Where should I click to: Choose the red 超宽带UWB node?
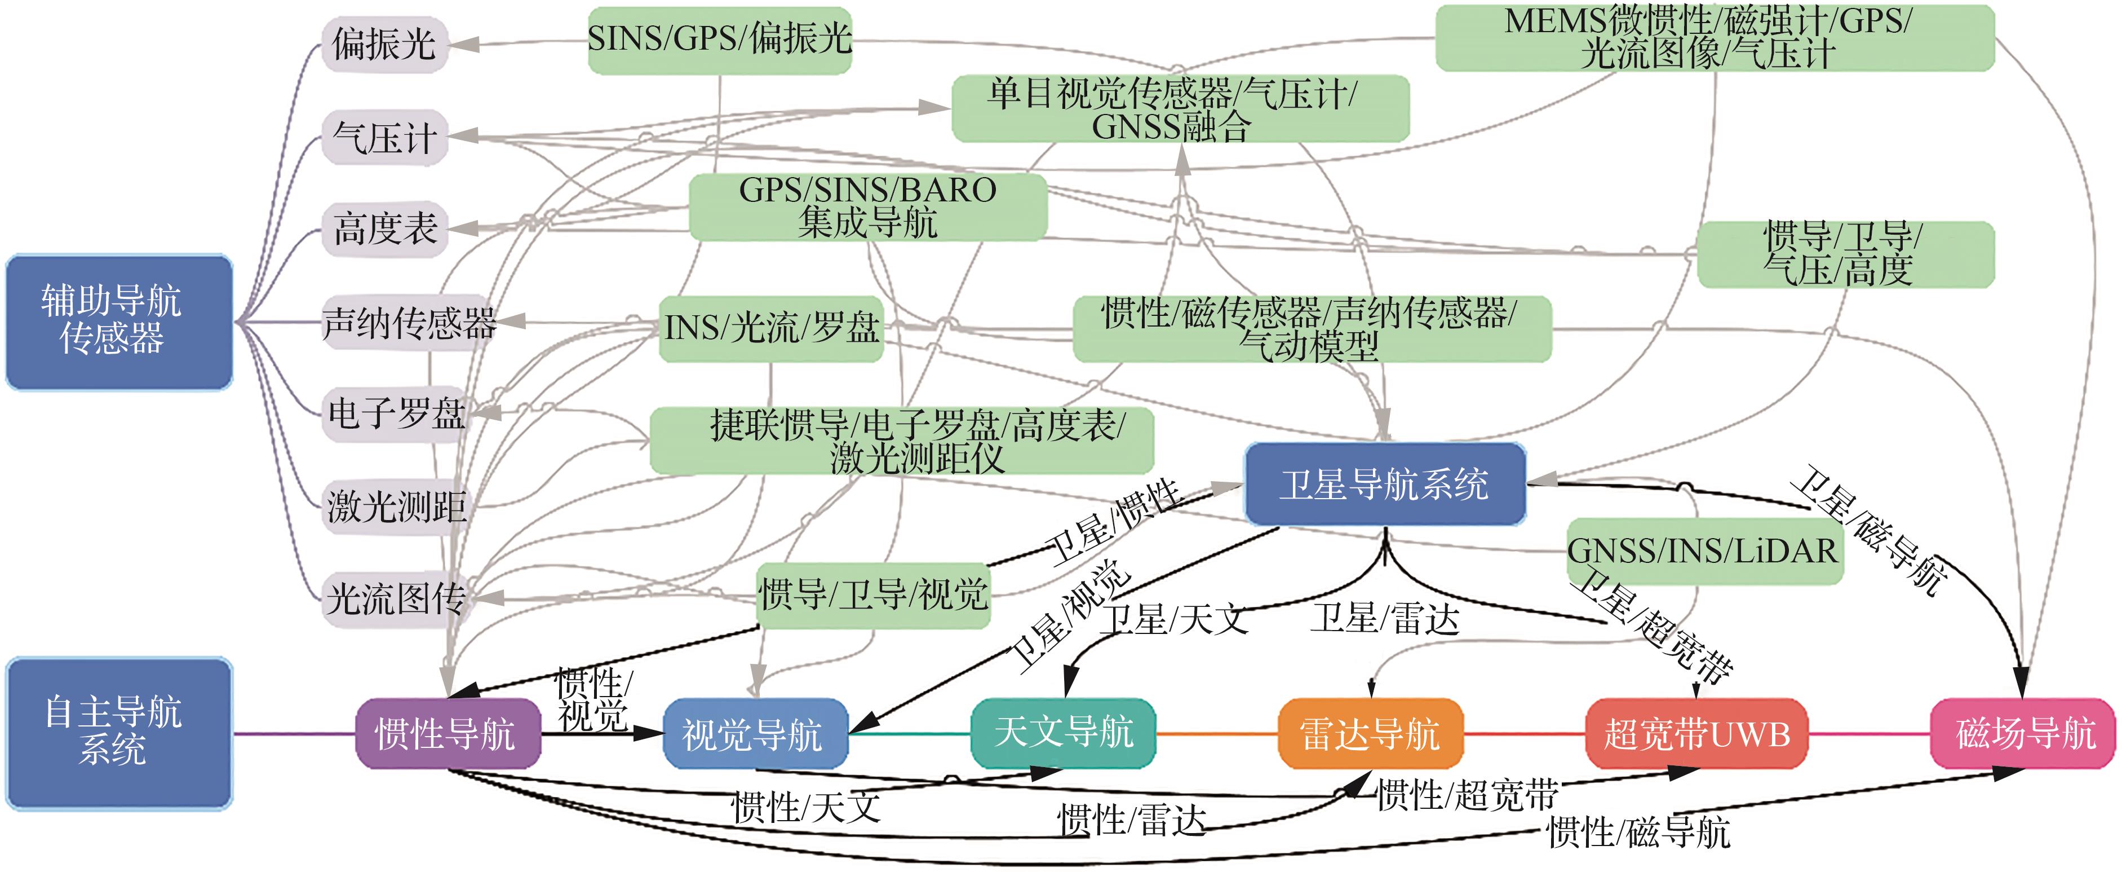[1696, 733]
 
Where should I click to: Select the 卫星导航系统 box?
[1384, 484]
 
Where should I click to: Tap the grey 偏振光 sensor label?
[384, 43]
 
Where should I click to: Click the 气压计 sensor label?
[384, 137]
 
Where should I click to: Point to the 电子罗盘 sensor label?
[397, 413]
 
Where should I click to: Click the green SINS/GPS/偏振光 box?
[719, 39]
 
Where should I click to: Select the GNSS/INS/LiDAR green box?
[1704, 550]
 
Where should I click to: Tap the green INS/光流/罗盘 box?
[771, 328]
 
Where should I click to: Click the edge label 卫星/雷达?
[1385, 618]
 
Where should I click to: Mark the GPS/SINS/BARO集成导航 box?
[867, 206]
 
